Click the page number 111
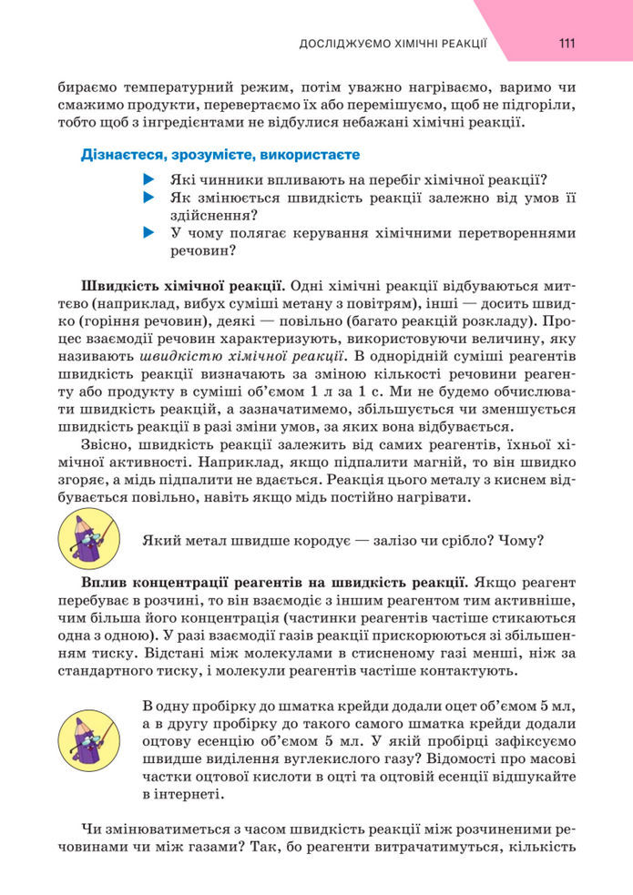pyautogui.click(x=566, y=43)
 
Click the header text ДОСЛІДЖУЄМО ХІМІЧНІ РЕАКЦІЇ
pyautogui.click(x=393, y=43)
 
